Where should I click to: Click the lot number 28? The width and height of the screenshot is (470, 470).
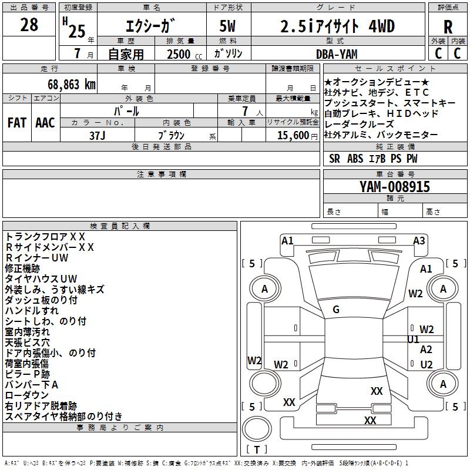click(29, 25)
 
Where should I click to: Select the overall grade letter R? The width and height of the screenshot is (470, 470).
click(448, 27)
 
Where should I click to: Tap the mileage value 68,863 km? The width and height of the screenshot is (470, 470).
click(66, 84)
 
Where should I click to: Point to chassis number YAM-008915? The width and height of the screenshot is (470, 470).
click(395, 187)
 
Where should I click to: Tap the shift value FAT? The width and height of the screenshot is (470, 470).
click(17, 123)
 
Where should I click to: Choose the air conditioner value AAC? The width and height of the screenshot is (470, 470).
click(45, 123)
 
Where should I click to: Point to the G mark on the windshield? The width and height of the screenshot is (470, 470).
click(336, 310)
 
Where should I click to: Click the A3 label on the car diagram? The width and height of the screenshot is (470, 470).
click(419, 240)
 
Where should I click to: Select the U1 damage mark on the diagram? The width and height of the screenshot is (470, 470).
click(414, 340)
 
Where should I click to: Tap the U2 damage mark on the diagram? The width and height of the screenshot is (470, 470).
click(427, 364)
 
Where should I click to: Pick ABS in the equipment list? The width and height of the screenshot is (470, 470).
click(355, 158)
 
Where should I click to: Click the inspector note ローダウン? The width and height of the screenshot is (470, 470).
click(27, 395)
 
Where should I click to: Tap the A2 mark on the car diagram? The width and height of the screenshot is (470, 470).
click(427, 350)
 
